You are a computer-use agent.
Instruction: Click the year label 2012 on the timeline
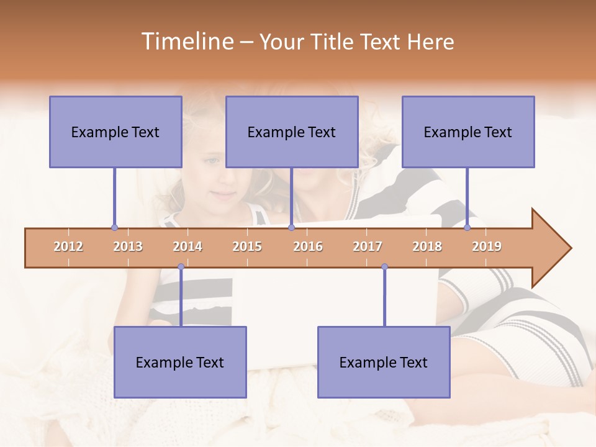[68, 246]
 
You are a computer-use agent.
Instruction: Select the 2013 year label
[128, 246]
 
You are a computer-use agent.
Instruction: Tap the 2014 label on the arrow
[187, 246]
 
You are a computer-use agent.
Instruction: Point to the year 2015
[247, 246]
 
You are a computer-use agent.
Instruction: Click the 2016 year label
[308, 246]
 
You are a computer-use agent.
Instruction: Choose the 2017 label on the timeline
[368, 246]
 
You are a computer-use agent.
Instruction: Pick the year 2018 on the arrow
[427, 246]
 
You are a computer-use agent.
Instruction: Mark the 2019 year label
[487, 246]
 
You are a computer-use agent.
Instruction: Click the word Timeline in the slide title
[186, 42]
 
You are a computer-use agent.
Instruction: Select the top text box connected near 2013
[115, 132]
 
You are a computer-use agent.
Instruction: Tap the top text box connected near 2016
[292, 132]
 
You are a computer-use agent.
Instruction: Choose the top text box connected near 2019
[468, 132]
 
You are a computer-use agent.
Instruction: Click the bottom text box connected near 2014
[180, 362]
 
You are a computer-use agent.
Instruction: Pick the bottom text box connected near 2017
[384, 362]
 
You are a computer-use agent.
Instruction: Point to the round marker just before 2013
[114, 228]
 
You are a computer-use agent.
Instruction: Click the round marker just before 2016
[291, 228]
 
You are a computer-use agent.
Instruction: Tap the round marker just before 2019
[467, 228]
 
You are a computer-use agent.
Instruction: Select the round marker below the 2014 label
[181, 267]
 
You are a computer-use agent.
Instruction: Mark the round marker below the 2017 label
[384, 267]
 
